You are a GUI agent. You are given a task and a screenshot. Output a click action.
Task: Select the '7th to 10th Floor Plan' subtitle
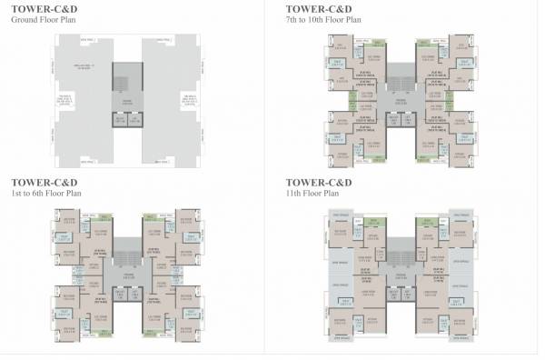click(x=324, y=18)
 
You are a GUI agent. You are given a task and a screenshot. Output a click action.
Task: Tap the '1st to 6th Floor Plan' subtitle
click(x=42, y=194)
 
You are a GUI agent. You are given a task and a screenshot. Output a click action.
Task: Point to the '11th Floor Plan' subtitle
click(x=311, y=194)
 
